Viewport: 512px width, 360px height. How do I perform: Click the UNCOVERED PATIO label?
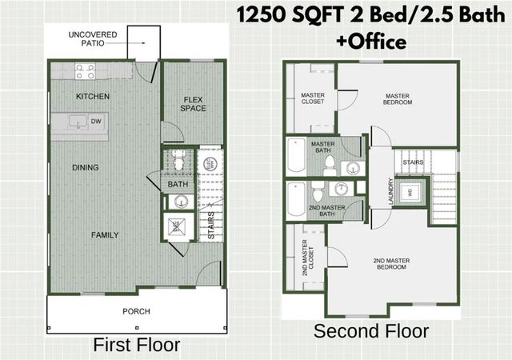click(93, 38)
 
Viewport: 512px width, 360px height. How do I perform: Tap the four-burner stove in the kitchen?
click(86, 72)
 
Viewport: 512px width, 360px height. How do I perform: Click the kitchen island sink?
click(78, 122)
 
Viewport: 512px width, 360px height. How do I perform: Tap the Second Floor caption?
click(370, 331)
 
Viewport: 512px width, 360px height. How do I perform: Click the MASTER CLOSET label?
click(312, 98)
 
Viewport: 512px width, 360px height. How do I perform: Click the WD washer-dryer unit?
click(410, 192)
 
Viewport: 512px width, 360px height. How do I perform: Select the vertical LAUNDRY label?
click(391, 192)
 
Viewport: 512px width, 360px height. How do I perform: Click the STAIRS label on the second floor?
click(413, 161)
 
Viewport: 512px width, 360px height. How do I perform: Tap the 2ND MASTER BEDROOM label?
click(390, 263)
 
